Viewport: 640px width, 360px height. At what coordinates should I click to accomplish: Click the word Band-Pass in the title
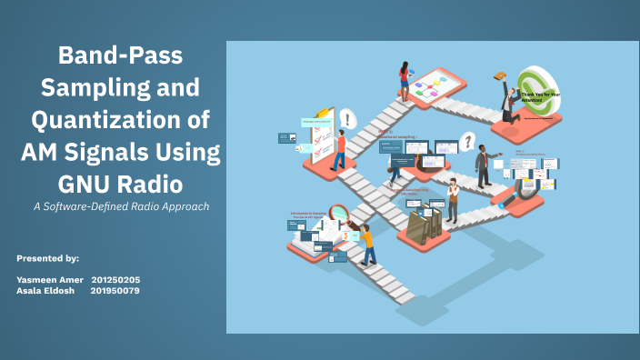point(120,56)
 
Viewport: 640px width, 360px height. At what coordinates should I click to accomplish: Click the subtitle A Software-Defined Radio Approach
point(121,206)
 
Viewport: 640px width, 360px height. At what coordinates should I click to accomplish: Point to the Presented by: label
point(47,259)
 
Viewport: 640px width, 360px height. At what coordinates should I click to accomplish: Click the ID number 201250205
point(115,279)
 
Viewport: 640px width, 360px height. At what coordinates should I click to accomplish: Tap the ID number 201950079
point(115,290)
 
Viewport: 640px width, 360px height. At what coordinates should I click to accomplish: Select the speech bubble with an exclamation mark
point(347,118)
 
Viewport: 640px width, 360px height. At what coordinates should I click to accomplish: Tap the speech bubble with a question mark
point(467,142)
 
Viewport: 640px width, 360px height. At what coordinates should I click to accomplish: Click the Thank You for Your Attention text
point(543,95)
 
